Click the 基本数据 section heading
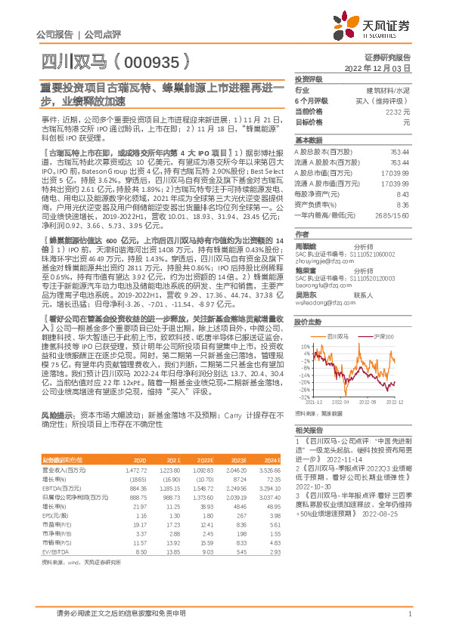308,140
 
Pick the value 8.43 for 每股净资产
403,194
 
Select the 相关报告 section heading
308,429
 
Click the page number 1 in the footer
408,613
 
